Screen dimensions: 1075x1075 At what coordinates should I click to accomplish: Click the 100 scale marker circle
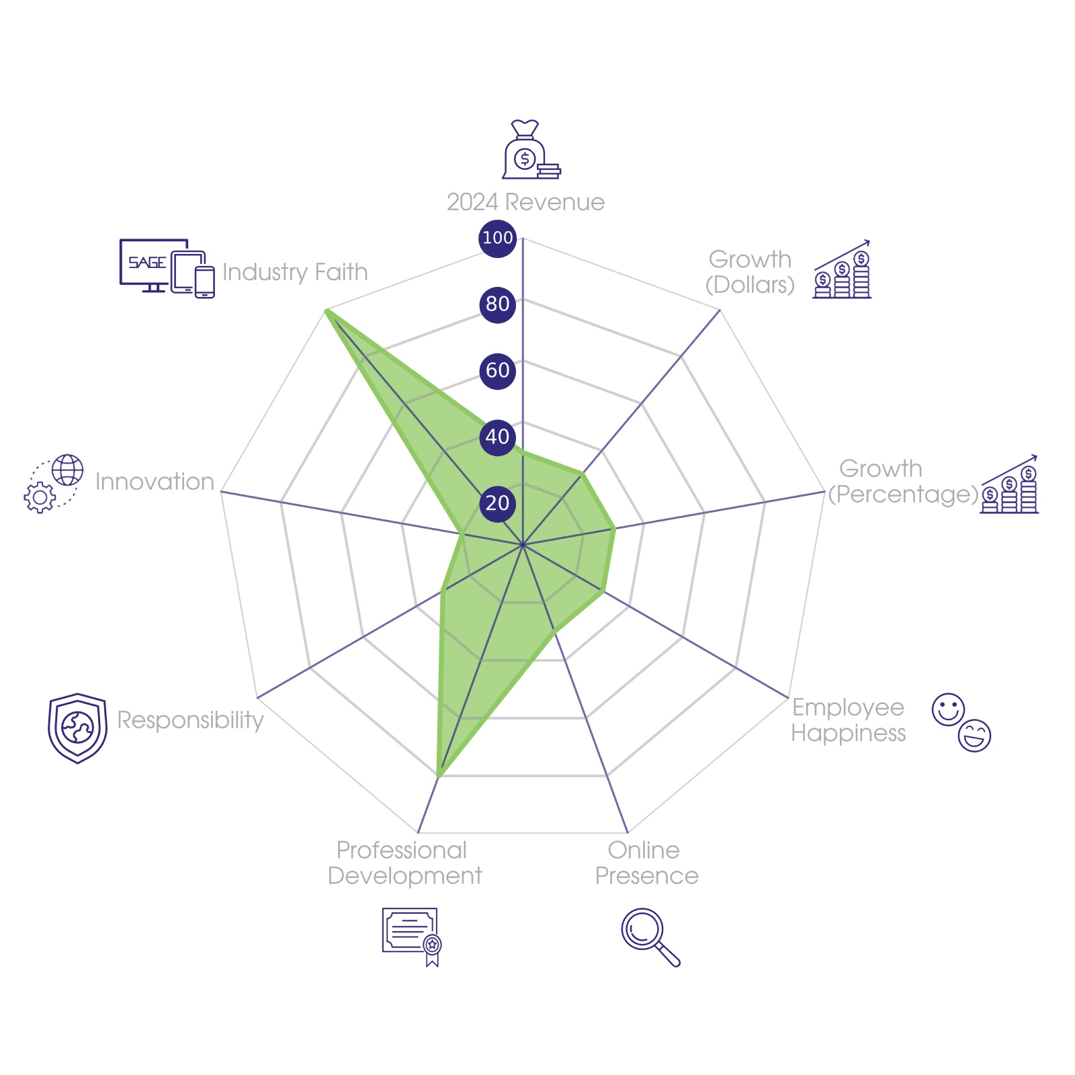[x=497, y=238]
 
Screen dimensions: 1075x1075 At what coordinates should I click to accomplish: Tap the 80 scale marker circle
[x=497, y=304]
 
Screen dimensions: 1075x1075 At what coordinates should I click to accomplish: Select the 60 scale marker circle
[x=497, y=370]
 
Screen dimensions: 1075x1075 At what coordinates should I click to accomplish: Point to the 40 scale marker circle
[x=497, y=437]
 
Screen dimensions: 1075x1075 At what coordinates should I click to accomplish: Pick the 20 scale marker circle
[x=497, y=503]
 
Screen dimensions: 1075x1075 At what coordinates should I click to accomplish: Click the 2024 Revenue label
[x=525, y=202]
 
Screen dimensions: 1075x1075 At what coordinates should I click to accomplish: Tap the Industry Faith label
[x=295, y=272]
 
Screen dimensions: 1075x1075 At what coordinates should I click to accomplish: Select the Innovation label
[x=155, y=482]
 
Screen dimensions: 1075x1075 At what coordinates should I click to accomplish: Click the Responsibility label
[x=191, y=720]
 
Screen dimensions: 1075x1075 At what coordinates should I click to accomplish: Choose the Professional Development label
[x=404, y=863]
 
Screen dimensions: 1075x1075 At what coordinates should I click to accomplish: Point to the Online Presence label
[x=646, y=863]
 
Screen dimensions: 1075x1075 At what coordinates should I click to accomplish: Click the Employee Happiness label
[x=848, y=720]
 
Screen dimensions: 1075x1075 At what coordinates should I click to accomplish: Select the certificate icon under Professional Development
[x=411, y=936]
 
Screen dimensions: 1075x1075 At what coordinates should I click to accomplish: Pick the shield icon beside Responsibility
[x=77, y=728]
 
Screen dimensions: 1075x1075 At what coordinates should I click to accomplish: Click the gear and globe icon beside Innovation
[x=54, y=483]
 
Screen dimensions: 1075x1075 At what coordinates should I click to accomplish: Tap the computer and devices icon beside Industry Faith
[x=167, y=267]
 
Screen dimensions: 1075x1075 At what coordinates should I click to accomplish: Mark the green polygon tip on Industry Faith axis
[x=326, y=310]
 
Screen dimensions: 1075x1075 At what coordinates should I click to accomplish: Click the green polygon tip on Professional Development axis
[x=437, y=777]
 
